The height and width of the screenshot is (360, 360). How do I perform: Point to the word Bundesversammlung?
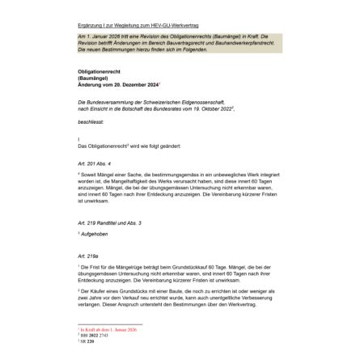pos(100,102)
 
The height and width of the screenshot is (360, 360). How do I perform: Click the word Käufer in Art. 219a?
pos(92,290)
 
